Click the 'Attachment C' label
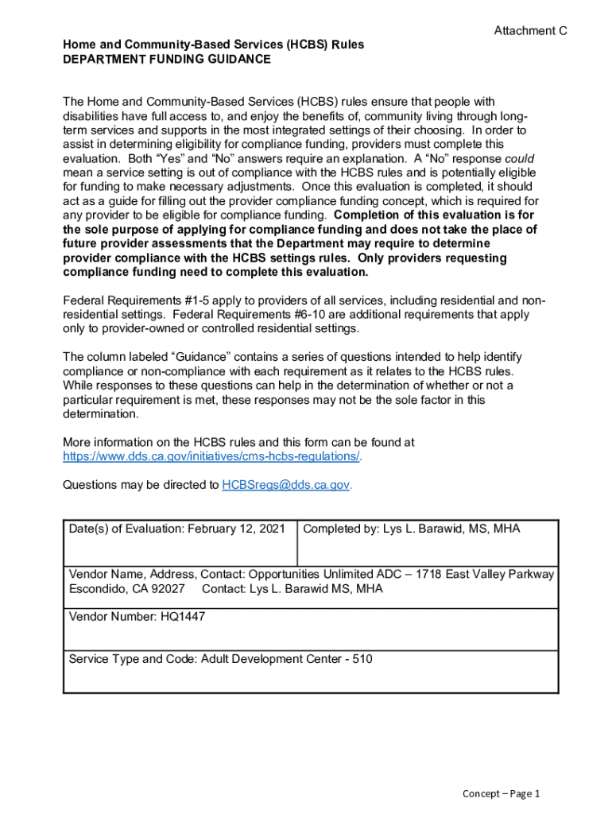[x=530, y=31]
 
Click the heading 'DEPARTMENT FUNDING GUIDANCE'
[x=167, y=59]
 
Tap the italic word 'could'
[x=520, y=158]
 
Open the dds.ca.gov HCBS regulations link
[x=211, y=456]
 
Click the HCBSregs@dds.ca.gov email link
[x=286, y=485]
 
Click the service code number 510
[x=362, y=659]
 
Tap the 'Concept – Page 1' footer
[x=502, y=793]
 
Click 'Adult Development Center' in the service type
[x=269, y=659]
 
